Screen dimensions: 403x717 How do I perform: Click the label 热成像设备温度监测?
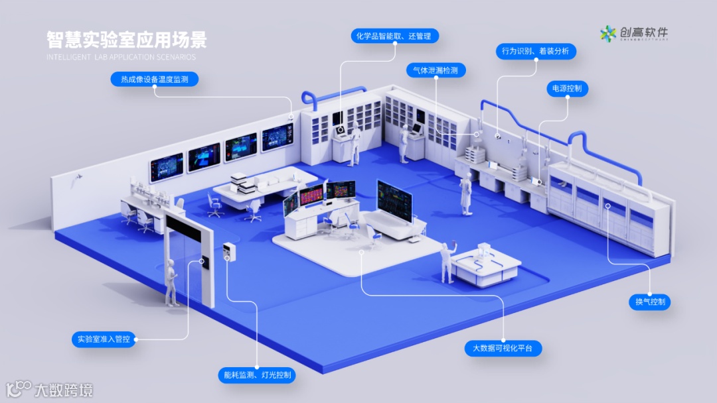coord(154,80)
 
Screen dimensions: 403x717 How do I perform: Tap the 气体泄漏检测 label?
coord(436,70)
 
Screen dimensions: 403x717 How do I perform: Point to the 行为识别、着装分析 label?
coord(535,51)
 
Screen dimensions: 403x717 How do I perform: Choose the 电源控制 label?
coord(567,88)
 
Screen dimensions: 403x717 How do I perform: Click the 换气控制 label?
coord(650,302)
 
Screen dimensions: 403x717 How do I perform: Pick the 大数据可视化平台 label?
coord(503,348)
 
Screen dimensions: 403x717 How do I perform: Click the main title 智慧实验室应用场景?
coord(126,39)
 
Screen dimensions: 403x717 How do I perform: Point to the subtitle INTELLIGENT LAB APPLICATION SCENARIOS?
coord(121,57)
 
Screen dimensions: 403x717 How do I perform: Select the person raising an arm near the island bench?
coord(445,260)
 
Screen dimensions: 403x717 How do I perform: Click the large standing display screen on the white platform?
coord(394,200)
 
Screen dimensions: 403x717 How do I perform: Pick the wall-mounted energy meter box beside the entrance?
coord(230,251)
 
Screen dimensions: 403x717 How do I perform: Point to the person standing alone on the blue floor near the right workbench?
coord(467,194)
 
